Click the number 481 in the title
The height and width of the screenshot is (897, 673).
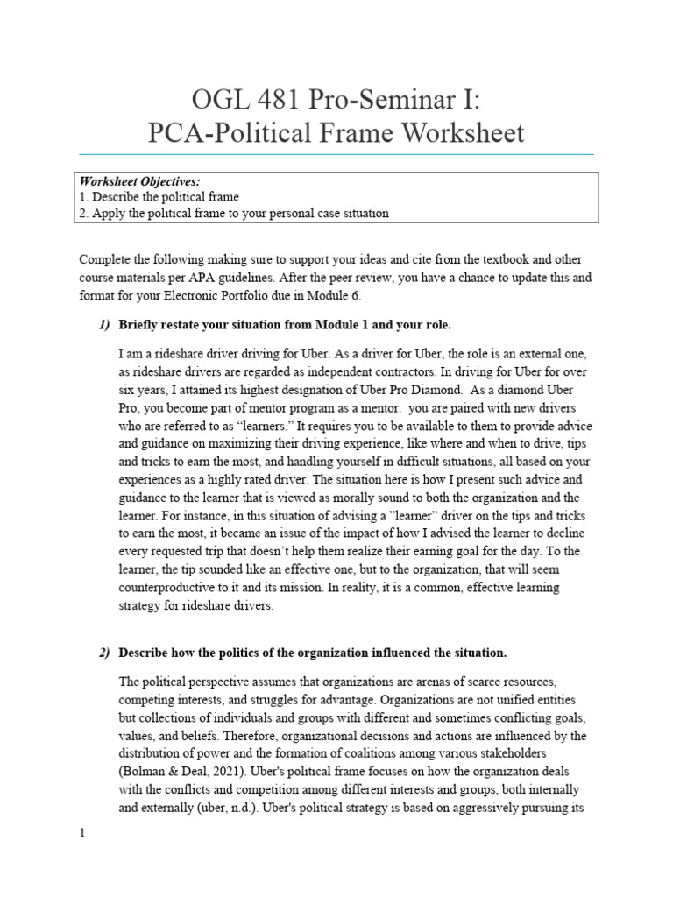pos(249,96)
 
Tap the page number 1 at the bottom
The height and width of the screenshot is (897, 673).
pos(81,833)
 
